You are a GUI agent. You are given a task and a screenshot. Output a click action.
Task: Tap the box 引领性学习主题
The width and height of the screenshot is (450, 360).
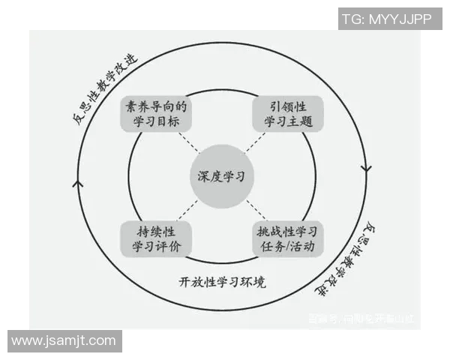pos(288,114)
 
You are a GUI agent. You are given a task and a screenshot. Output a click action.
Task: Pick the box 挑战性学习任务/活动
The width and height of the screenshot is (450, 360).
pos(288,238)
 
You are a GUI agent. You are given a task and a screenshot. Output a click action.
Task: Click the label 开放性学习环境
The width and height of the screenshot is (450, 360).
pos(223,283)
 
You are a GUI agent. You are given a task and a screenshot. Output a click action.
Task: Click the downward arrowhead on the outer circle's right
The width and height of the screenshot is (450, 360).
pos(367,166)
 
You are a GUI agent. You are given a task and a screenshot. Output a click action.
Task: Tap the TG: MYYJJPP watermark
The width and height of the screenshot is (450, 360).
pos(388,19)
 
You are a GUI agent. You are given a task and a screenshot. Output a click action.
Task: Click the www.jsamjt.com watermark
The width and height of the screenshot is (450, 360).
pos(64,341)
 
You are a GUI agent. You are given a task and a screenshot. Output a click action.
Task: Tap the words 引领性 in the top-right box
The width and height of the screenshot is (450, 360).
pos(288,106)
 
